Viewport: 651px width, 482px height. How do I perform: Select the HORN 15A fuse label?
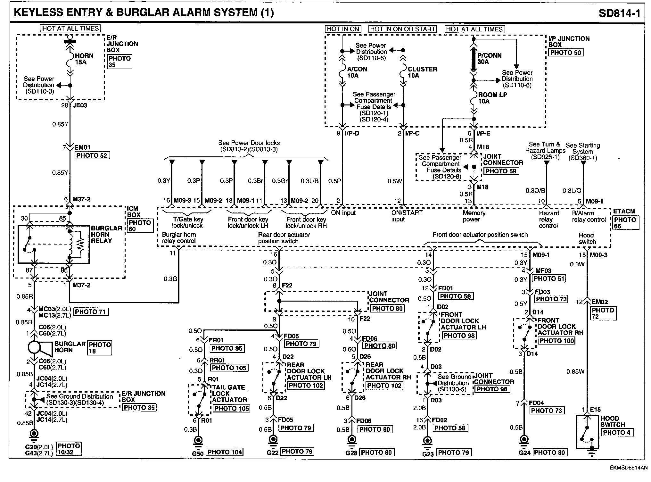(x=84, y=59)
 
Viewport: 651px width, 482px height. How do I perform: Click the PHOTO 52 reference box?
(x=92, y=156)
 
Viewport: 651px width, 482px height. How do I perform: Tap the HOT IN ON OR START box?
(x=403, y=29)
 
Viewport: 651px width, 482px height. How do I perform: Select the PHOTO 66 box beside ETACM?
(x=625, y=223)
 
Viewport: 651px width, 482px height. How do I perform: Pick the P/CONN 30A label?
(x=489, y=58)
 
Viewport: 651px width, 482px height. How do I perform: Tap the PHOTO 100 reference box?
(x=557, y=341)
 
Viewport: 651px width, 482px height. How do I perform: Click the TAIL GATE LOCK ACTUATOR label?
(x=229, y=394)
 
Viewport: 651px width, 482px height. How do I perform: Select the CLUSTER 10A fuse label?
(x=422, y=72)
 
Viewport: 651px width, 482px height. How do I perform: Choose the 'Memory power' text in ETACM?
(x=474, y=216)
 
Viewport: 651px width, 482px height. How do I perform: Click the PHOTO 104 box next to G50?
(x=225, y=452)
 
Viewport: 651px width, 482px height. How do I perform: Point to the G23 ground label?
(x=428, y=454)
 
